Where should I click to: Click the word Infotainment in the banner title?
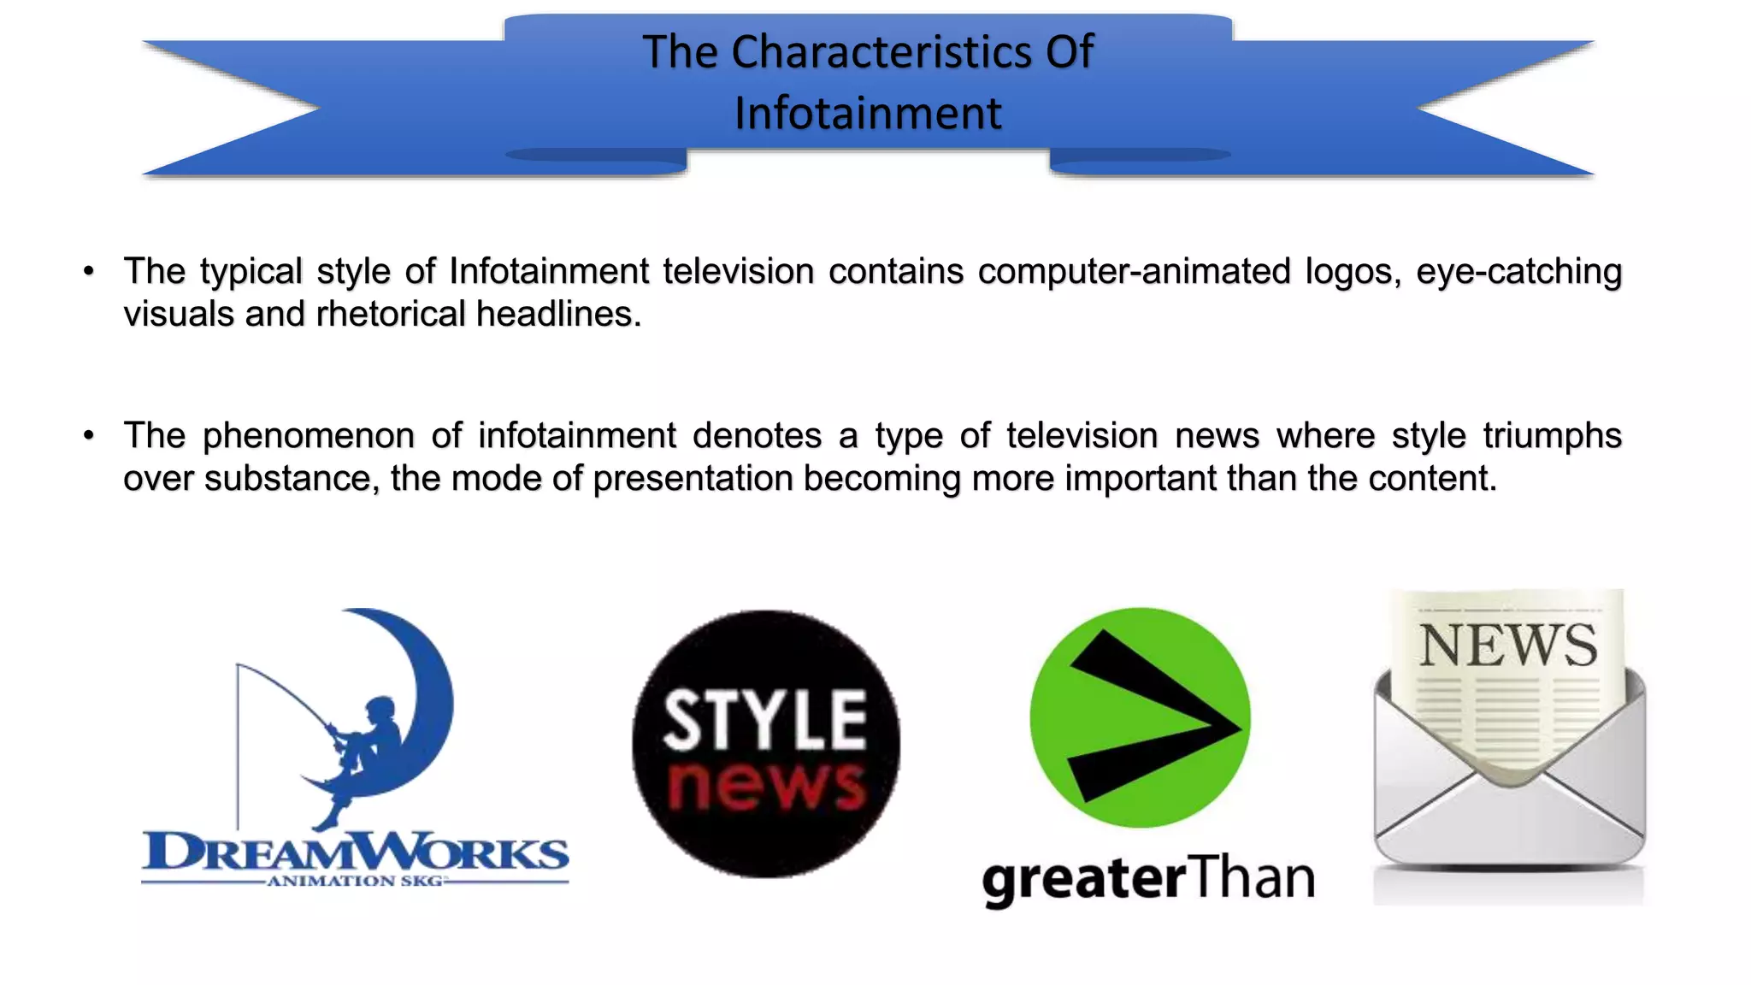pyautogui.click(x=867, y=114)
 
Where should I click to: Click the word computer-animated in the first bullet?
pyautogui.click(x=1134, y=272)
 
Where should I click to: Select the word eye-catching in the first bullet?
pyautogui.click(x=1518, y=272)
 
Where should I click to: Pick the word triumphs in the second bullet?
pyautogui.click(x=1552, y=436)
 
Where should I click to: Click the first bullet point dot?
pyautogui.click(x=89, y=272)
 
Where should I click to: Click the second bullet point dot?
pyautogui.click(x=89, y=436)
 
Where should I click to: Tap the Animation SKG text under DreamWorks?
pyautogui.click(x=355, y=881)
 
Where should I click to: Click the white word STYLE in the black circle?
pyautogui.click(x=764, y=720)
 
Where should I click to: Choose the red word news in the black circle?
pyautogui.click(x=766, y=783)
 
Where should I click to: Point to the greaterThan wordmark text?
pyautogui.click(x=1148, y=878)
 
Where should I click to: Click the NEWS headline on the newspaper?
pyautogui.click(x=1508, y=646)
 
